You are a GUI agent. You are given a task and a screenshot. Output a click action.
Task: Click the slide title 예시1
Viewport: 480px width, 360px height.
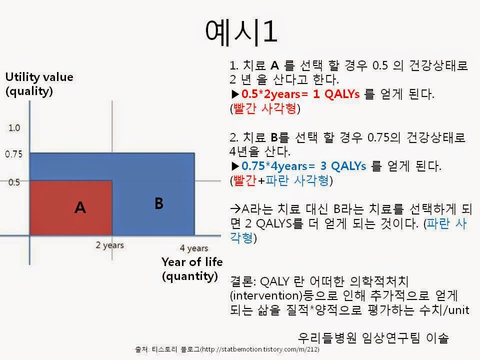click(240, 32)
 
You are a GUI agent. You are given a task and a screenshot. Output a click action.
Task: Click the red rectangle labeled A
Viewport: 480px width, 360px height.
click(71, 207)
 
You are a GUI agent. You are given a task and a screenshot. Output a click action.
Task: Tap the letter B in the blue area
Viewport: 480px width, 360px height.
click(158, 203)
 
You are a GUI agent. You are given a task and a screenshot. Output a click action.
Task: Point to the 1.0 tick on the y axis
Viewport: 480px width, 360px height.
click(14, 128)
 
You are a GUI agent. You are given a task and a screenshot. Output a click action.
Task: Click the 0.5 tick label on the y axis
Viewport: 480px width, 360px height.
click(14, 182)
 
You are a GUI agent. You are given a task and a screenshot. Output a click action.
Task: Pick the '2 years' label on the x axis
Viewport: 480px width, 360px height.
click(110, 245)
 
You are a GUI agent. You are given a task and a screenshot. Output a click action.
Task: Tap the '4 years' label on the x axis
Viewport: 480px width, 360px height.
click(194, 248)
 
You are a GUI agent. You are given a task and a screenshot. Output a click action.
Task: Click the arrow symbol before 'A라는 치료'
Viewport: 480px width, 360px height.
click(234, 209)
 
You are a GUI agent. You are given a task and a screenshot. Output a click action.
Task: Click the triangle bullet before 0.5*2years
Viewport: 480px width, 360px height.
click(235, 94)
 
